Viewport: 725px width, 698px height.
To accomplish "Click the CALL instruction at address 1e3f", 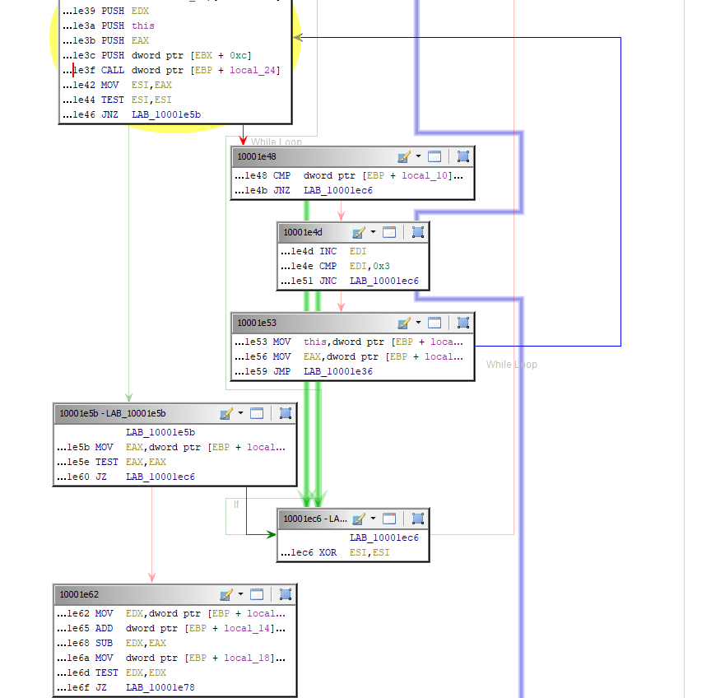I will (113, 70).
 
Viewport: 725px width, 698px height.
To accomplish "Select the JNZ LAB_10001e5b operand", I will (165, 114).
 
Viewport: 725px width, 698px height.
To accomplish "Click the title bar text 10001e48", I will (257, 156).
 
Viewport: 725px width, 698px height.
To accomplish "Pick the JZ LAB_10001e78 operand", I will (160, 687).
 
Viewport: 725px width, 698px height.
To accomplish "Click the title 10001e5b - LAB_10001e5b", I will (112, 413).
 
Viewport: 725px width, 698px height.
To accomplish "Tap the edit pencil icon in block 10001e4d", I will (358, 232).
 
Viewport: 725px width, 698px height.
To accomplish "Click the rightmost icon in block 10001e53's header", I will (462, 323).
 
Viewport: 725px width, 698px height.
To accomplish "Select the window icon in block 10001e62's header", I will (256, 594).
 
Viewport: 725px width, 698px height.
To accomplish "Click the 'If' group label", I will (236, 505).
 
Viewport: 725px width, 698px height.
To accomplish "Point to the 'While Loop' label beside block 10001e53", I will (511, 364).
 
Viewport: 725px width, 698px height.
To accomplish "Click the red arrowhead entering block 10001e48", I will (243, 141).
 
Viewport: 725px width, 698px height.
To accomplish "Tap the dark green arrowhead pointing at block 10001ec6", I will (271, 534).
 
